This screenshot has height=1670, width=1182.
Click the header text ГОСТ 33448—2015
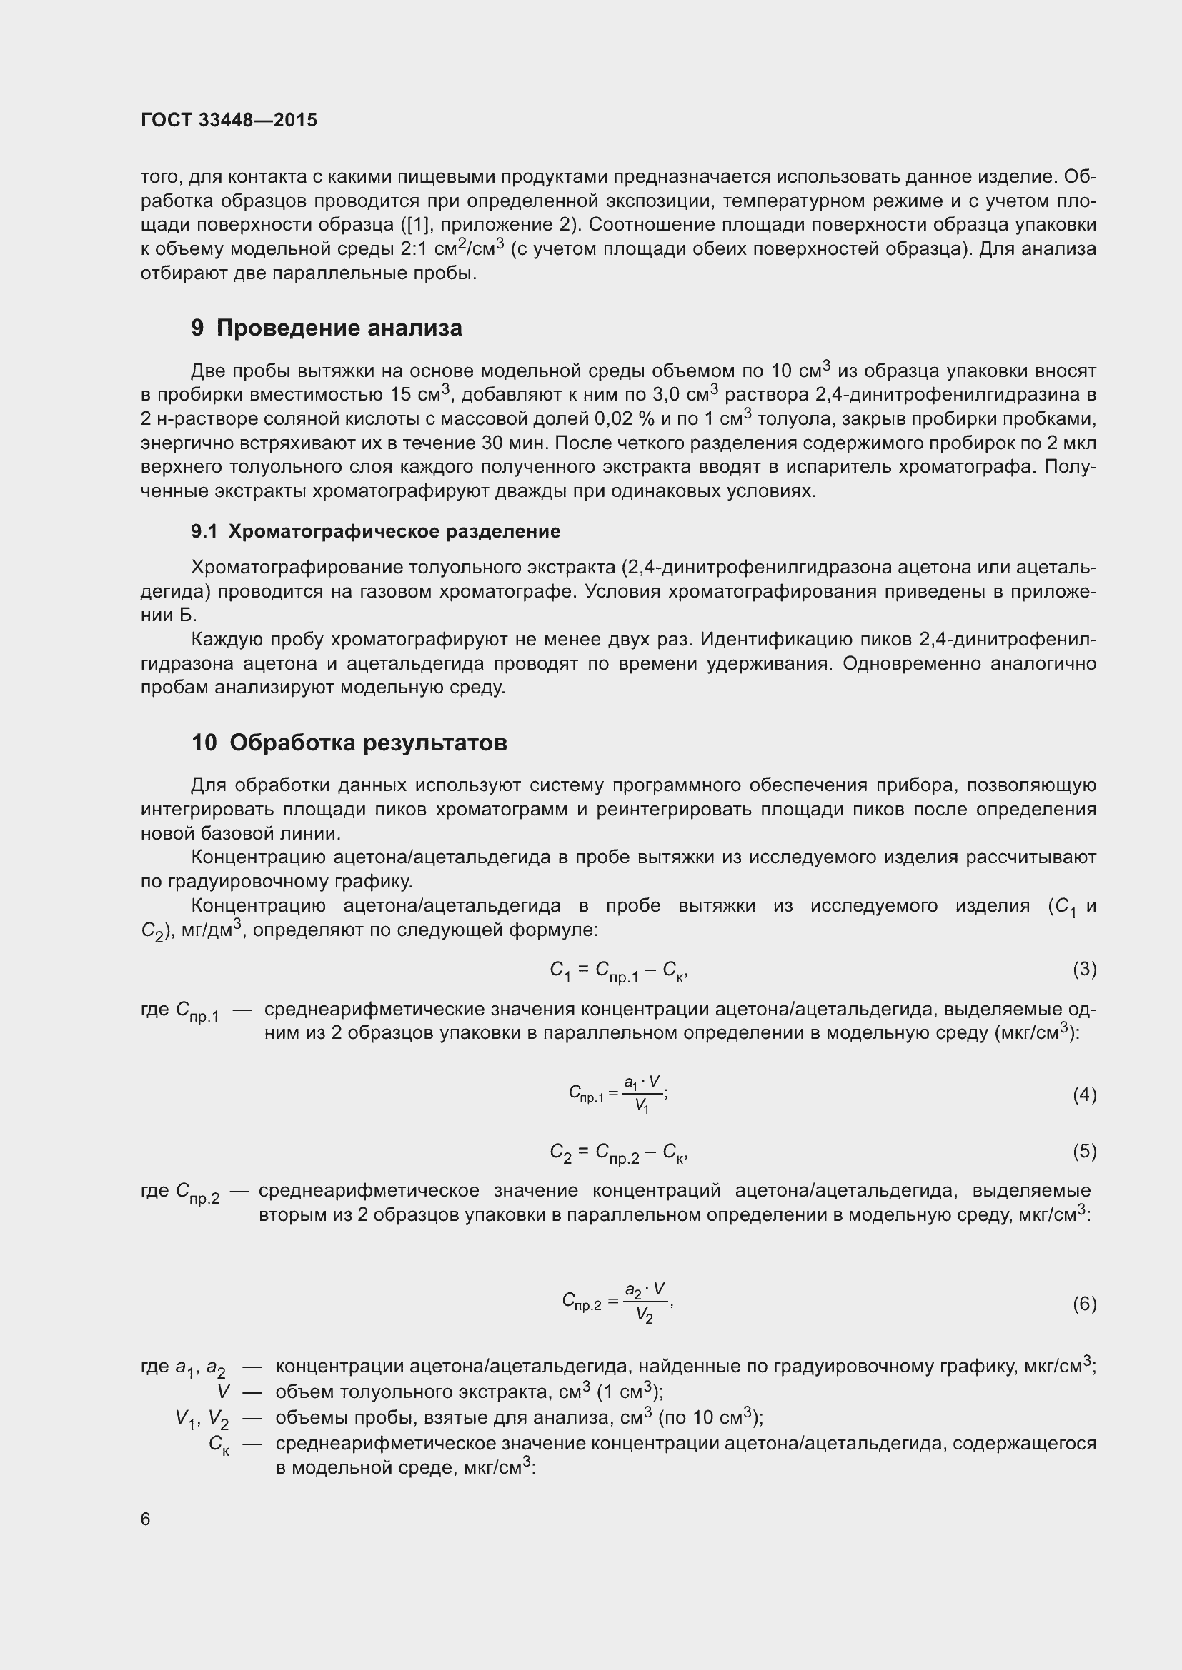tap(229, 121)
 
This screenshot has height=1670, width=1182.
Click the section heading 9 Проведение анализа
tap(326, 328)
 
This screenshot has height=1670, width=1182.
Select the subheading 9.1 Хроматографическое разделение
tap(376, 532)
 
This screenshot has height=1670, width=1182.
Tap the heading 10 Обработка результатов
tap(349, 743)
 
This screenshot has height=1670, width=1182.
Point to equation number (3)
tap(1084, 970)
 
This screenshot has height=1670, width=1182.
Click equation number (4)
tap(1084, 1095)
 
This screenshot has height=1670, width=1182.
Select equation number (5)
tap(1084, 1152)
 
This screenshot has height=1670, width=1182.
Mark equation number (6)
tap(1084, 1304)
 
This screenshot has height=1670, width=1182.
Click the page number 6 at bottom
tap(146, 1519)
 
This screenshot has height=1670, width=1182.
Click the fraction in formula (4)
tap(642, 1095)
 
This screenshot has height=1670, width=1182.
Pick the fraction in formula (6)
tap(645, 1304)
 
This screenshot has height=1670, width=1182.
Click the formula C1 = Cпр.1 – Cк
tap(618, 971)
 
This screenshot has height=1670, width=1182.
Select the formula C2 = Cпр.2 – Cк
tap(618, 1153)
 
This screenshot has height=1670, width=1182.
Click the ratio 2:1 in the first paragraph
tap(416, 248)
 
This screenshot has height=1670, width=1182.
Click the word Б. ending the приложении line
tap(189, 615)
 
